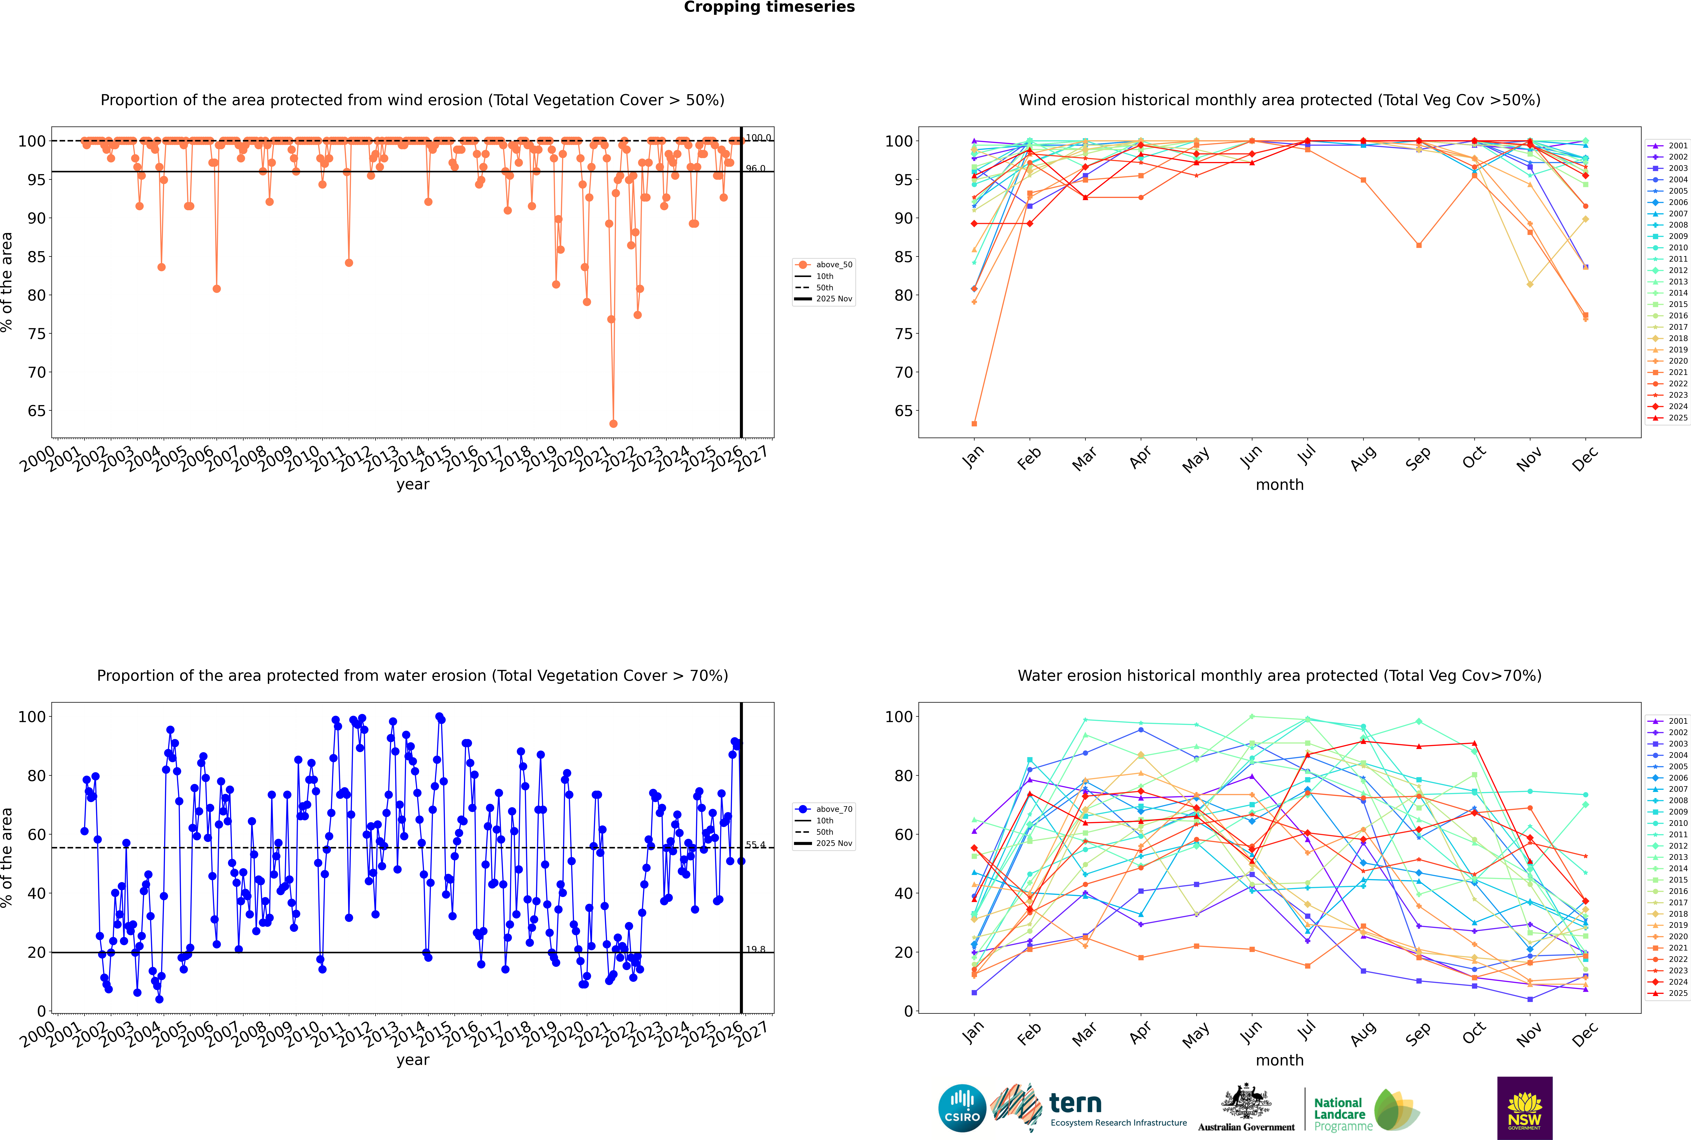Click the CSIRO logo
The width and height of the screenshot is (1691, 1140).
(962, 1108)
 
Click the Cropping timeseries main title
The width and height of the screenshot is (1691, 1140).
(769, 7)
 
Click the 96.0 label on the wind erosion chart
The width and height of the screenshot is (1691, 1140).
(755, 169)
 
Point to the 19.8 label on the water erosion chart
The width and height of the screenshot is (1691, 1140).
(755, 949)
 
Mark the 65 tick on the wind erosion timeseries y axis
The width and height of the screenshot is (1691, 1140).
(36, 411)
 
